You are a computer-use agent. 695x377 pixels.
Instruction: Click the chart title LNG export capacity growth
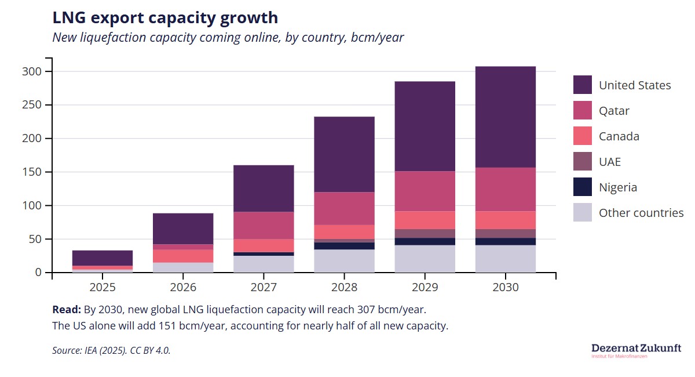tap(165, 18)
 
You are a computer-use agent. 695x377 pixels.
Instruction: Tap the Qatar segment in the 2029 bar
tap(425, 191)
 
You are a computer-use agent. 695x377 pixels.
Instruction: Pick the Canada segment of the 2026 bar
tap(183, 256)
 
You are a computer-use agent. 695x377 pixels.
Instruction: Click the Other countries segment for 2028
tap(344, 260)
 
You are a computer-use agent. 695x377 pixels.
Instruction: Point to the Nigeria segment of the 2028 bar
tap(344, 246)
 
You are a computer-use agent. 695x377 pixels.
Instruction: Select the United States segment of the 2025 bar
tap(103, 258)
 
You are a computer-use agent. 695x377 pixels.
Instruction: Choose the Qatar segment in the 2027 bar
tap(264, 226)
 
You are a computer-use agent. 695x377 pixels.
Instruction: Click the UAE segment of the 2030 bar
tap(505, 234)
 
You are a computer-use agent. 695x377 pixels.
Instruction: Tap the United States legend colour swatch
tap(583, 85)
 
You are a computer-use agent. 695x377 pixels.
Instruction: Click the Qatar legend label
tap(614, 111)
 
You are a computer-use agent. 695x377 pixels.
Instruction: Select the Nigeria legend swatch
tap(583, 187)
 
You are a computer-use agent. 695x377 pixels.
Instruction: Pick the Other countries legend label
tap(641, 213)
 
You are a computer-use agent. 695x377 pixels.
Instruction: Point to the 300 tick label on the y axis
tap(32, 72)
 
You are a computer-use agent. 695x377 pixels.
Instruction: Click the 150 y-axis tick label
tap(32, 172)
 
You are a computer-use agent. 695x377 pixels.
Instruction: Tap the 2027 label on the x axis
tap(264, 288)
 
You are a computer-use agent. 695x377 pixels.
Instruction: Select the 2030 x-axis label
tap(505, 288)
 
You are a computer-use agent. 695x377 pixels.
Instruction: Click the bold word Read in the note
tap(66, 309)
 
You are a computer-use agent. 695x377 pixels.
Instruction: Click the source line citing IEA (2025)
tap(111, 350)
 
